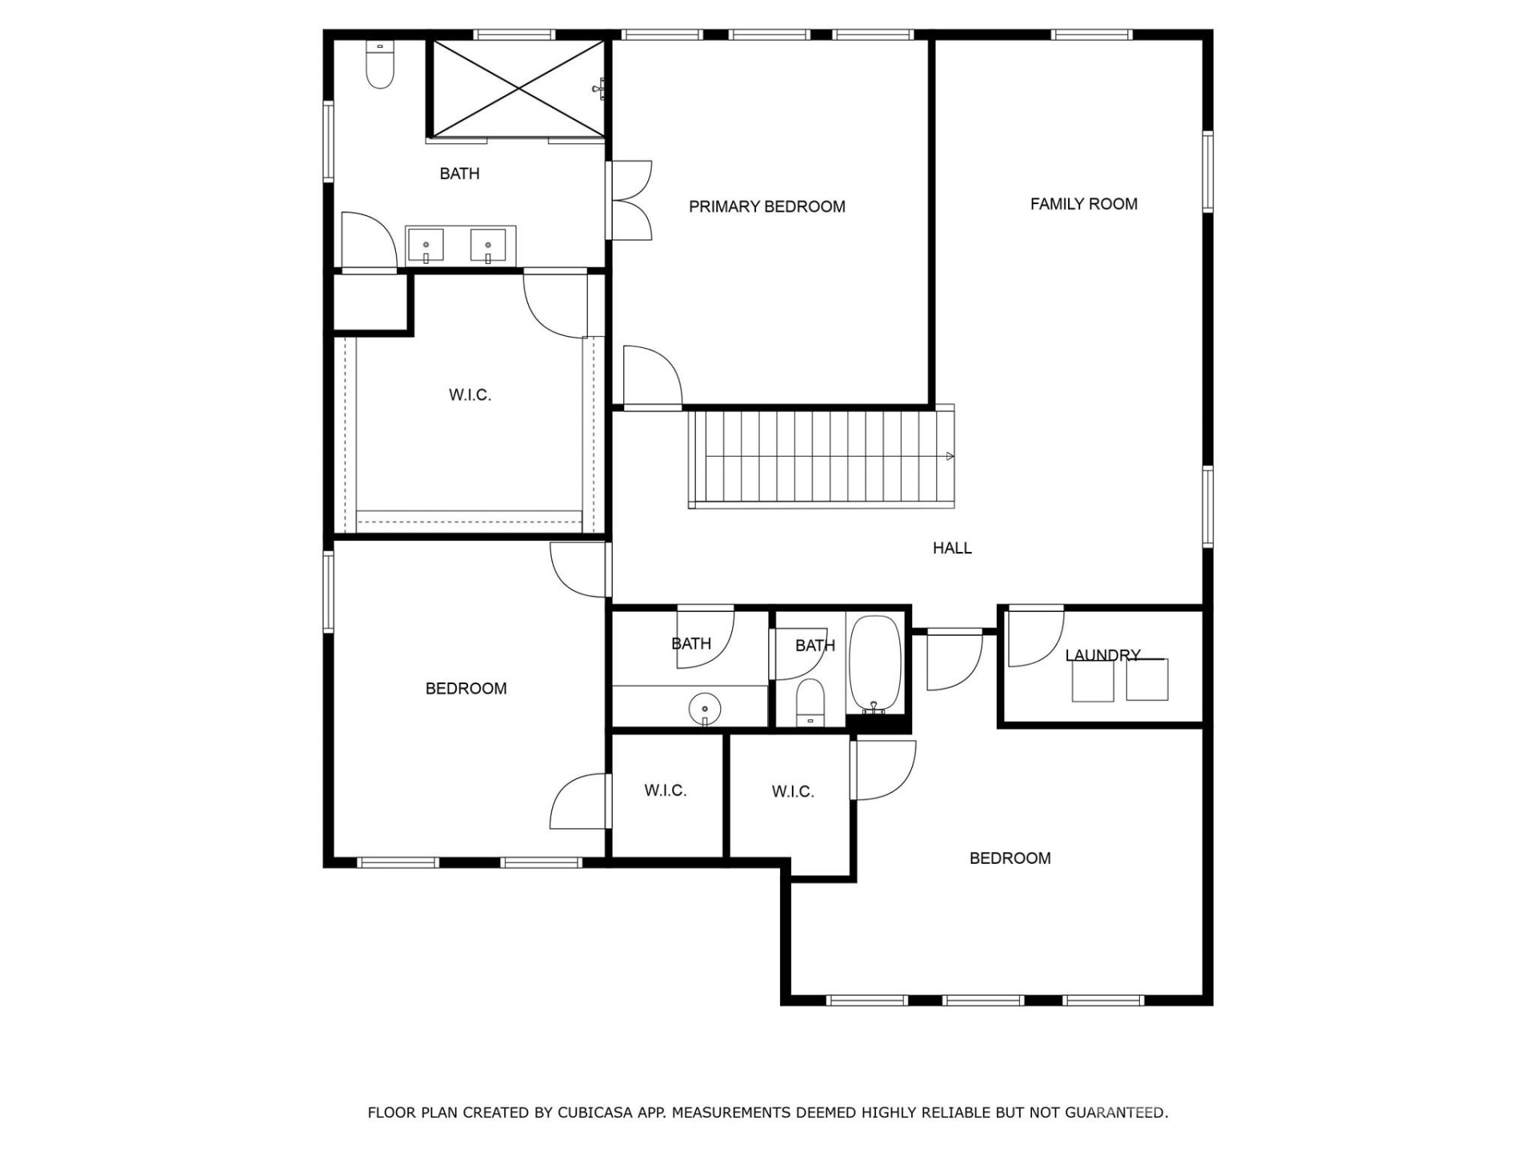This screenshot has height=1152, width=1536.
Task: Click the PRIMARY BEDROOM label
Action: tap(766, 206)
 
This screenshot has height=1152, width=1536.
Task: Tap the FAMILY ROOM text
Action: tap(1083, 204)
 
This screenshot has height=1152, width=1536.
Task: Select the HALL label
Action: tap(952, 548)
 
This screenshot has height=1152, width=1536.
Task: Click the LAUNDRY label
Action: tap(1102, 655)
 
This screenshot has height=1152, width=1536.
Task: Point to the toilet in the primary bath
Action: tap(380, 66)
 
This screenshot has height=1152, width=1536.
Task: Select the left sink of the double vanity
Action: tap(426, 246)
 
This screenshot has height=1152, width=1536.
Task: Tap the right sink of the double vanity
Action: tap(487, 246)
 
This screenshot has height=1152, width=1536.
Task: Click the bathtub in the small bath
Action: tap(874, 664)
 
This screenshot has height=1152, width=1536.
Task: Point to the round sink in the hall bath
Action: tap(705, 708)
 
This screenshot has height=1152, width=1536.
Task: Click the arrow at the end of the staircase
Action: tap(950, 456)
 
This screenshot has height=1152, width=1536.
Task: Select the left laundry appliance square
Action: tap(1092, 681)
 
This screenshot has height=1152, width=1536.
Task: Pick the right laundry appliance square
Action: tap(1146, 679)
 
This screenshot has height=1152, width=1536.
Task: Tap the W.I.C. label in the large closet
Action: tap(470, 394)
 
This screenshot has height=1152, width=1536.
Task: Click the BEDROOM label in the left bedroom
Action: tap(466, 688)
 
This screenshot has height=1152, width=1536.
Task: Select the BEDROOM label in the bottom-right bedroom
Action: tap(1010, 858)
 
